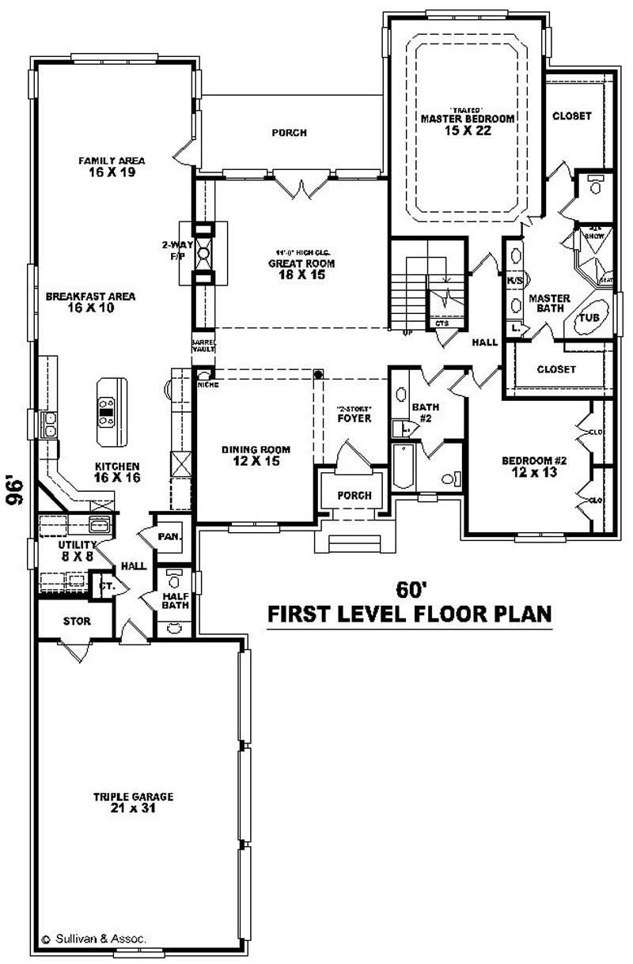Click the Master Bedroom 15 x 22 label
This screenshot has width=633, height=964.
tap(467, 124)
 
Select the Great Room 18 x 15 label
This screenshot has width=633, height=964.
tap(301, 269)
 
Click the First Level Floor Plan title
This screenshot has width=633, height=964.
tap(409, 614)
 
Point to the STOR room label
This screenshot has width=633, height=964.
tap(77, 622)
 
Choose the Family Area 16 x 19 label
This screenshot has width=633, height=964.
tap(112, 166)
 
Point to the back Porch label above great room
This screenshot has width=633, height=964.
tap(289, 133)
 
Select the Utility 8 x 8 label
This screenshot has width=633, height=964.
tap(77, 550)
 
